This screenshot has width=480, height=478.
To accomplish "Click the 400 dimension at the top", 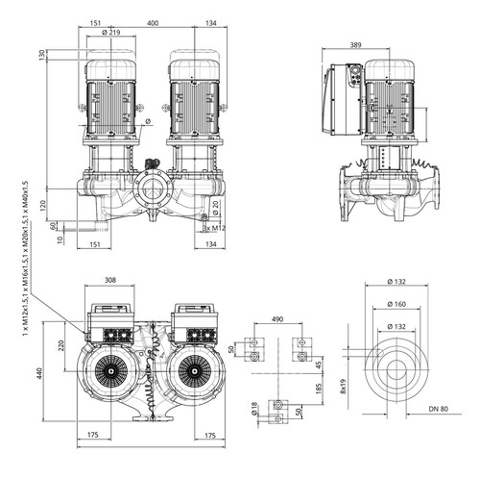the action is coord(153,23).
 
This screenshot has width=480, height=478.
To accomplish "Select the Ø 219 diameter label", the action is coord(110,33).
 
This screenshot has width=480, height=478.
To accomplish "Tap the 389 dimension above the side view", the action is coord(355,45).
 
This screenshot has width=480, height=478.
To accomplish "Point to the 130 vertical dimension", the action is coord(42,55).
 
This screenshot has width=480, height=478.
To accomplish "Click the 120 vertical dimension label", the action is coord(43,206).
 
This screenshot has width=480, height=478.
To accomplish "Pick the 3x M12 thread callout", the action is coord(214,228).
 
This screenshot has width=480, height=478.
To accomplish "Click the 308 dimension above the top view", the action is coord(110,280).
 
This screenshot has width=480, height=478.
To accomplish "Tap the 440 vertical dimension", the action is coord(39,373).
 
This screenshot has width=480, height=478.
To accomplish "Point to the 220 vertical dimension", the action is coord(61,345).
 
